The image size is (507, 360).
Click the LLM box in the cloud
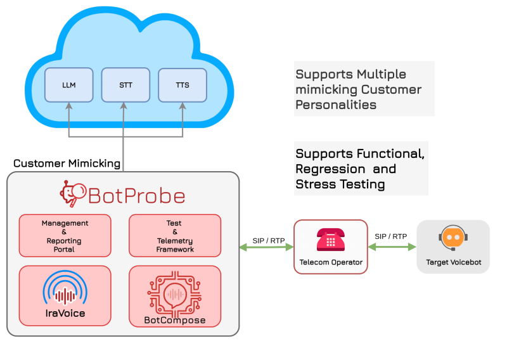coord(69,85)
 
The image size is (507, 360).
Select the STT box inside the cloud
coord(125,85)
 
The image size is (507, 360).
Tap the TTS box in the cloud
coord(183,85)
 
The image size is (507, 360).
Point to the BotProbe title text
coord(136,195)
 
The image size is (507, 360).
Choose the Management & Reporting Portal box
coord(65,236)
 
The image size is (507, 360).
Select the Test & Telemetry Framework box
coord(175,236)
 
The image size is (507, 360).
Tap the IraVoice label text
coord(65,313)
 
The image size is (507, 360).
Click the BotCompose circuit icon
coord(175,291)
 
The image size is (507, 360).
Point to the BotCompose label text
coord(175,320)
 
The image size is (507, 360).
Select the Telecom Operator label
coord(331,262)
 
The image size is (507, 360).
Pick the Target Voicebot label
coord(453,262)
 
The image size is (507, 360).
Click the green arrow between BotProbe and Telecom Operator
coord(266,247)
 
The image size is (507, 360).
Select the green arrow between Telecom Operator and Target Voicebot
coord(392,247)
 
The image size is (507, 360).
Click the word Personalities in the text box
coord(336,105)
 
